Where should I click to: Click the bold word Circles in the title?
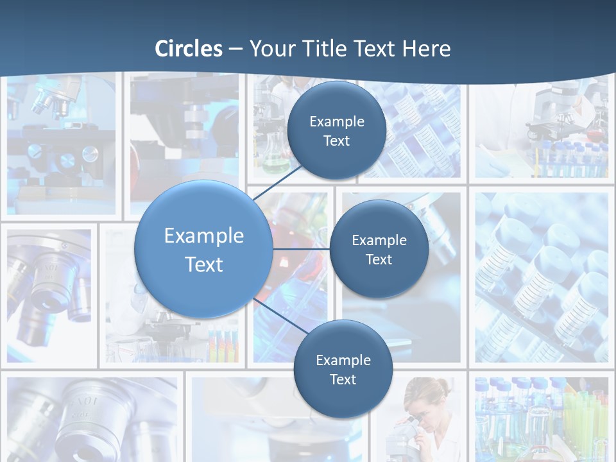point(189,49)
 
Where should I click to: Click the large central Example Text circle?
point(203,249)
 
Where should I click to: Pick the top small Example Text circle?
point(336,131)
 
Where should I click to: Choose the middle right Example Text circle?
point(379,249)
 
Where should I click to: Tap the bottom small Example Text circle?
point(343,369)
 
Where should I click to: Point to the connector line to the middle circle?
point(302,249)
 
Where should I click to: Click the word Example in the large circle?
point(204,235)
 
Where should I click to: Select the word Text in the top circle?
point(336,141)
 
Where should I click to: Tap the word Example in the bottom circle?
point(343,360)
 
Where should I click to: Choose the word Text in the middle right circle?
point(379,259)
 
